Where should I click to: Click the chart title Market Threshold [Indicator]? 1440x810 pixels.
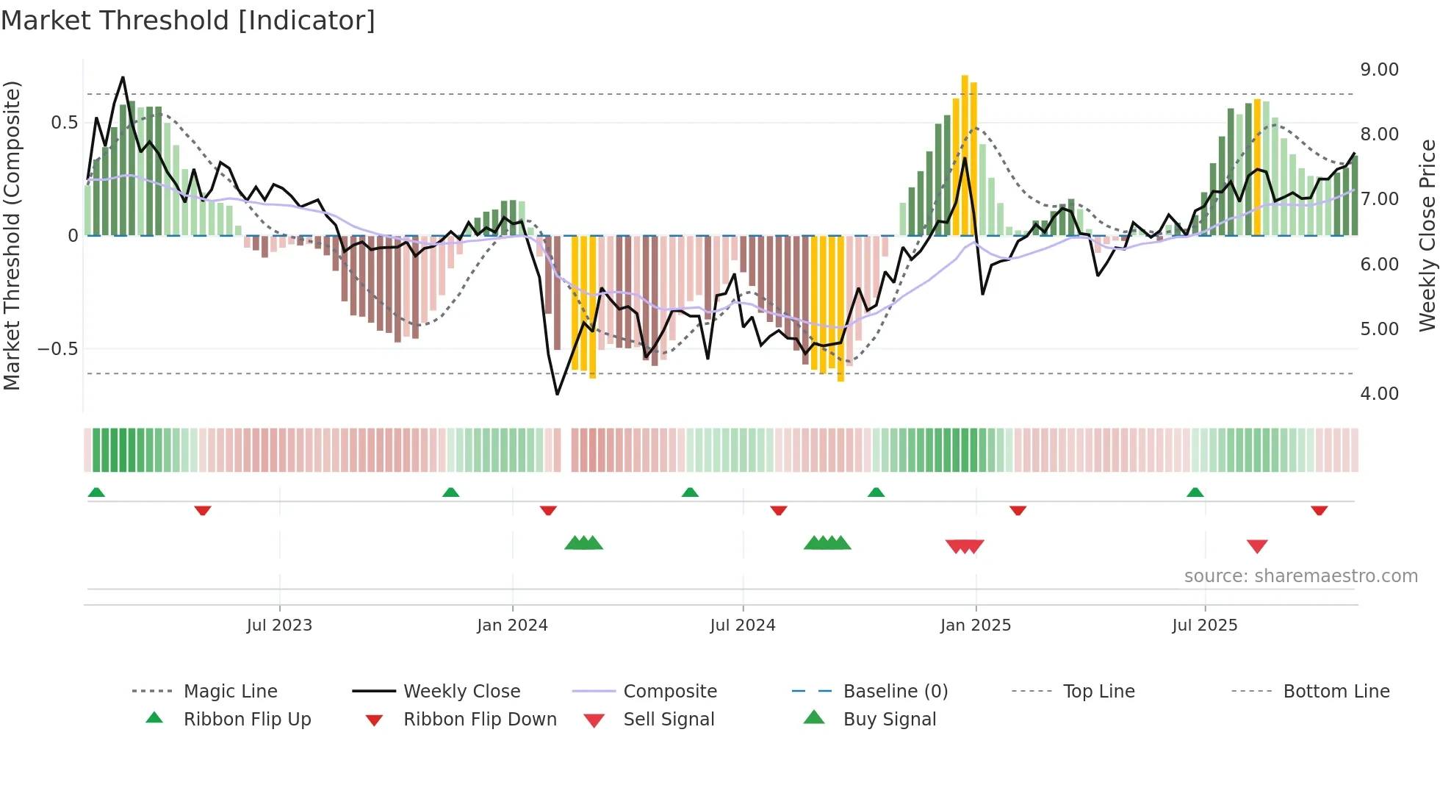click(188, 21)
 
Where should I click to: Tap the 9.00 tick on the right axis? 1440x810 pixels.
click(1379, 70)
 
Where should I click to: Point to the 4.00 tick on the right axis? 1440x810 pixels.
click(1379, 394)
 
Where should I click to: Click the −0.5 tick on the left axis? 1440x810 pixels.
click(58, 349)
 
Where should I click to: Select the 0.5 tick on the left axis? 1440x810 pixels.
click(65, 123)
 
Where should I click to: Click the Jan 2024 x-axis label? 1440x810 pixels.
click(512, 626)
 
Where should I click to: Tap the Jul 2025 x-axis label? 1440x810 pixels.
click(1204, 626)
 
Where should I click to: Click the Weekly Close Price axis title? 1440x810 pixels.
click(1427, 235)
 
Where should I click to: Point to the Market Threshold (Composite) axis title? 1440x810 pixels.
click(12, 235)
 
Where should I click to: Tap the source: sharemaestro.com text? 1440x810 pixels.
click(1300, 576)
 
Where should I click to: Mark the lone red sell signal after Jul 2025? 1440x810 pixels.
click(1257, 546)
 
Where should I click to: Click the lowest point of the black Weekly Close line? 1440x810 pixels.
click(558, 394)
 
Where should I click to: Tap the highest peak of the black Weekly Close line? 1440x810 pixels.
click(123, 77)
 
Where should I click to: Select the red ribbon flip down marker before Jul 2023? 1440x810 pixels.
click(203, 510)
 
